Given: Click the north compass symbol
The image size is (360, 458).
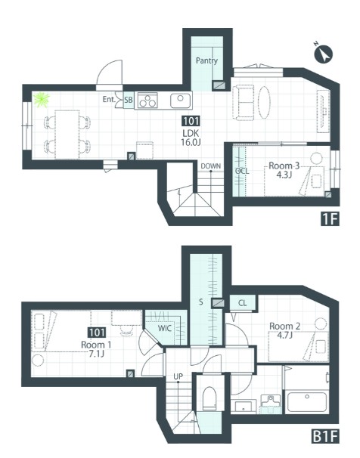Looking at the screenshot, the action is pyautogui.click(x=324, y=54).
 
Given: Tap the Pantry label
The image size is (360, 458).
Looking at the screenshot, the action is pyautogui.click(x=207, y=60).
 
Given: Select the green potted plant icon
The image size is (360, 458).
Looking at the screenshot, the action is pyautogui.click(x=41, y=100).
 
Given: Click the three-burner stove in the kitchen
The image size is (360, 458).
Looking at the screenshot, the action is pyautogui.click(x=147, y=101).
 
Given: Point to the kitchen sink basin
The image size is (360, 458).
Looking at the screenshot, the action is pyautogui.click(x=180, y=101).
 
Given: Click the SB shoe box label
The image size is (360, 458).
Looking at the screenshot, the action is pyautogui.click(x=129, y=100).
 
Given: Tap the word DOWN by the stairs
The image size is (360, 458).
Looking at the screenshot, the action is pyautogui.click(x=211, y=166).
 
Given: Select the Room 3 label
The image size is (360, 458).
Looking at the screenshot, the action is pyautogui.click(x=284, y=166).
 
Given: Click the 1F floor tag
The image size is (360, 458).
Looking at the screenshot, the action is pyautogui.click(x=330, y=218).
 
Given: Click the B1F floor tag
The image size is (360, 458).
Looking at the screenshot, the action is pyautogui.click(x=325, y=438).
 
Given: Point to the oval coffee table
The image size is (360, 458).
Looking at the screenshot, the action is pyautogui.click(x=264, y=102).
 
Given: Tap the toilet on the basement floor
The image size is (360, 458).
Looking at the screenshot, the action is pyautogui.click(x=209, y=398).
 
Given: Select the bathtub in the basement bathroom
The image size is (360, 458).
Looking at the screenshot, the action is pyautogui.click(x=307, y=402).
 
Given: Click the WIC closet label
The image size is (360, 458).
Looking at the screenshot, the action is pyautogui.click(x=165, y=328).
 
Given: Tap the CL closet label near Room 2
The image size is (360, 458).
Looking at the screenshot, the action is pyautogui.click(x=242, y=303).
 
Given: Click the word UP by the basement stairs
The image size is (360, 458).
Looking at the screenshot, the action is pyautogui.click(x=178, y=377).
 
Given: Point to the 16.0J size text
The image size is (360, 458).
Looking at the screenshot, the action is pyautogui.click(x=191, y=142).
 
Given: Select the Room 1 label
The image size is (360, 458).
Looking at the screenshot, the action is pyautogui.click(x=96, y=345).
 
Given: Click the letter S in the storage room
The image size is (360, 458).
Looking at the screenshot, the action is pyautogui.click(x=201, y=302).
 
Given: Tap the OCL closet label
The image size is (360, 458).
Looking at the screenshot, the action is pyautogui.click(x=242, y=171).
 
